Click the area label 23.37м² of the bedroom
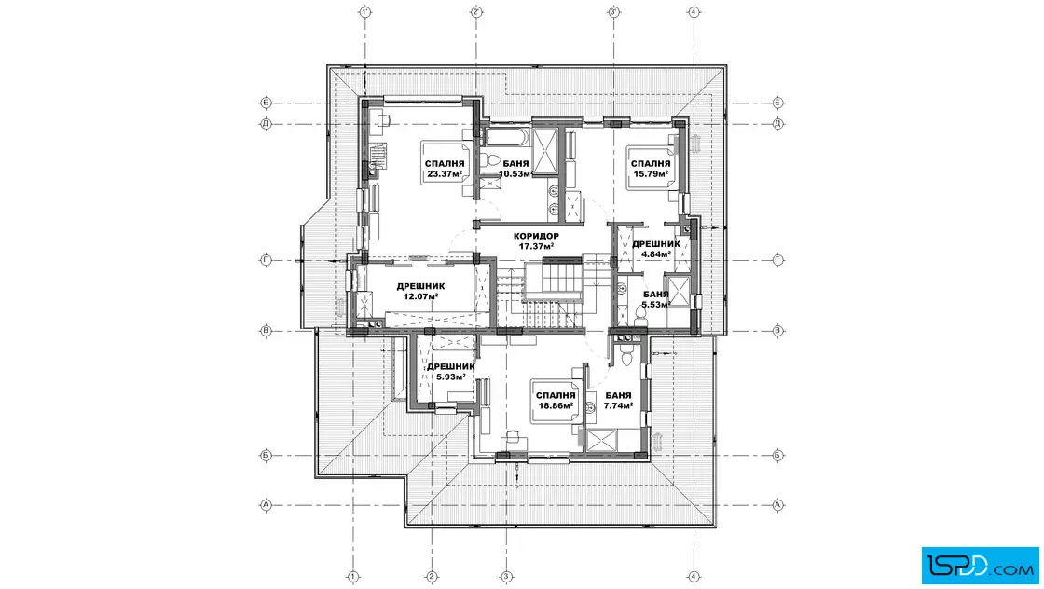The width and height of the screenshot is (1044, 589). [445, 174]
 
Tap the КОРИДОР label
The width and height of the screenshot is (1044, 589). [536, 236]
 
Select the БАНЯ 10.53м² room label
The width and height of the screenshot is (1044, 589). [516, 169]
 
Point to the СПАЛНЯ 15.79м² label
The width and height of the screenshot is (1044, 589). [651, 169]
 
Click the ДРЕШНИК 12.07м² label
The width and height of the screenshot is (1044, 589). [420, 291]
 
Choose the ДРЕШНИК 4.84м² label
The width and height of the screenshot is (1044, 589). [656, 248]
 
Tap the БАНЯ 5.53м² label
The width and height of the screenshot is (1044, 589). [656, 299]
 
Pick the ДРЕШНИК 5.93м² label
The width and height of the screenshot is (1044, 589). [451, 371]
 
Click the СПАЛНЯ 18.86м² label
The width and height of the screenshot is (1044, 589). [556, 400]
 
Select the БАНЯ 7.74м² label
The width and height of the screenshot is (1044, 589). [618, 400]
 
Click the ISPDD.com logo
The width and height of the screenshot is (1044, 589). [980, 566]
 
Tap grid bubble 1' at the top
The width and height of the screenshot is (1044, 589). [364, 11]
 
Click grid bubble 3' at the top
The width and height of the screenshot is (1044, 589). [614, 11]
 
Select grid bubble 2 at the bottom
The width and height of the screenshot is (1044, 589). [432, 576]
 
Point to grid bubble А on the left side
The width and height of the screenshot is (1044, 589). [266, 505]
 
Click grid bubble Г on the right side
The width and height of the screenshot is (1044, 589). [777, 260]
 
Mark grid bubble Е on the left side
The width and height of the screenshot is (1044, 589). [266, 103]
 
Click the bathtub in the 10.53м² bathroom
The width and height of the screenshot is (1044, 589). [507, 138]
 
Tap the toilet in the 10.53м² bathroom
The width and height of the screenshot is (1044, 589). [492, 162]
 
